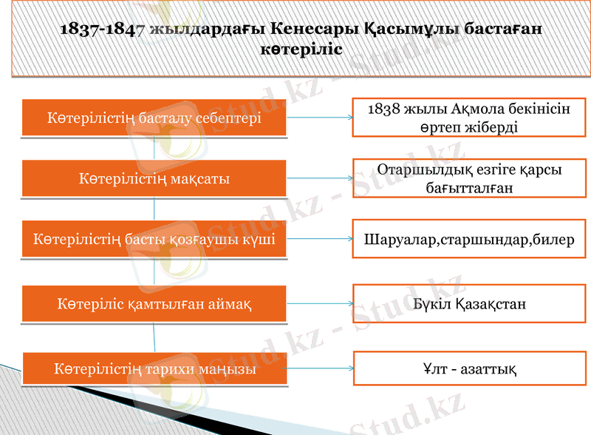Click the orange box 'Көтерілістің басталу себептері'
[154, 118]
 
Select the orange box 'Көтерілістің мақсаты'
[154, 179]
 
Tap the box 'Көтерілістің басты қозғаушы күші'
[154, 239]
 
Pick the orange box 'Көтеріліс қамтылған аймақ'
[154, 304]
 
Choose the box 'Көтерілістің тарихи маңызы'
[154, 369]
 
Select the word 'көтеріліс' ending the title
[301, 49]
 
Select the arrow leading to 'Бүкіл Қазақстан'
[318, 304]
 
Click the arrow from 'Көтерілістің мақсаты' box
[318, 179]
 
